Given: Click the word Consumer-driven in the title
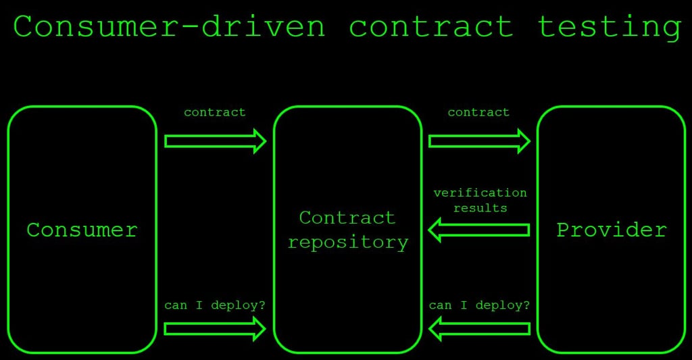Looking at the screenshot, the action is pos(169,27).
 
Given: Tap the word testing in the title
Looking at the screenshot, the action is pos(609,27).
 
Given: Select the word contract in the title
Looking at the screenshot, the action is pos(431,27).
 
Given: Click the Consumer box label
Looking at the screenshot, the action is pos(82,230).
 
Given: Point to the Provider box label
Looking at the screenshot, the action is pos(612,230).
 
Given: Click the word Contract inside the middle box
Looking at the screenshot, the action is pos(347,218).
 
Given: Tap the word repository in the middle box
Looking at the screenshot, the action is pos(348,242).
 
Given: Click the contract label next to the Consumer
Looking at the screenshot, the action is pos(215,112).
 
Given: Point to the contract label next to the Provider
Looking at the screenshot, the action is pos(478,112).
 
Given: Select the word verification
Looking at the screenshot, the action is pos(480,193).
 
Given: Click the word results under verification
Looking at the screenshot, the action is pos(480,208).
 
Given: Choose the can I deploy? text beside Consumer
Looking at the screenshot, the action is pos(215,305).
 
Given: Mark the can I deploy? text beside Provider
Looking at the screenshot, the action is pos(479,305).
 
